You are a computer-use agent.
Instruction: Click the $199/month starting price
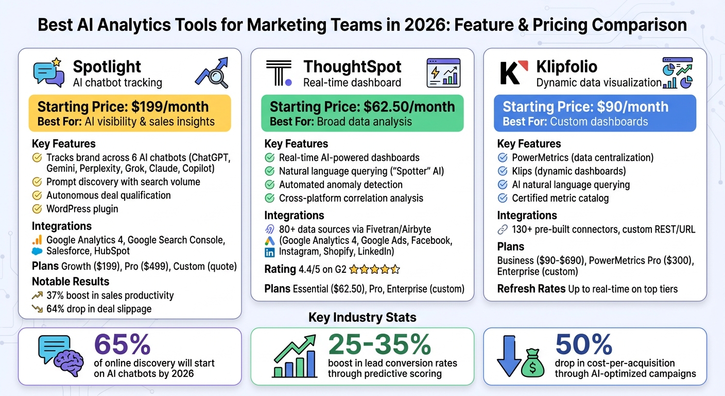point(170,107)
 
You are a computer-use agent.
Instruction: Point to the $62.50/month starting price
point(410,107)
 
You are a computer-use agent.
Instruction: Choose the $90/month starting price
point(627,107)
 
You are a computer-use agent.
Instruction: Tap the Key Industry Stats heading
point(362,317)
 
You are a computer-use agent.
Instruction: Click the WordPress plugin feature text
point(82,209)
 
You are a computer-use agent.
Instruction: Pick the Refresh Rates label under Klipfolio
point(531,289)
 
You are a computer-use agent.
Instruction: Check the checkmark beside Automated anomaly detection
point(269,185)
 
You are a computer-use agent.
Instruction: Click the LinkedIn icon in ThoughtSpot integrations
point(269,252)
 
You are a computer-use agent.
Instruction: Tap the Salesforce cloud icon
point(37,251)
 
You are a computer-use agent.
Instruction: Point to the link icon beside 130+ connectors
point(503,229)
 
